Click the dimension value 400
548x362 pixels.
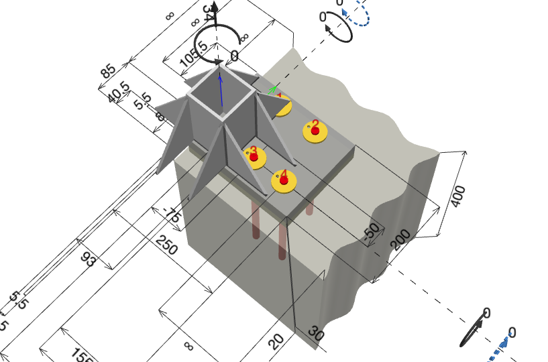458,195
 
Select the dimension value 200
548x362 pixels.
401,239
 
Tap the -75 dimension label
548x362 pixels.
172,215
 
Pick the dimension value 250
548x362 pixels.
166,245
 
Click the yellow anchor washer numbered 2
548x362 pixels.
315,131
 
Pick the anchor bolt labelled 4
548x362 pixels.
284,180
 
